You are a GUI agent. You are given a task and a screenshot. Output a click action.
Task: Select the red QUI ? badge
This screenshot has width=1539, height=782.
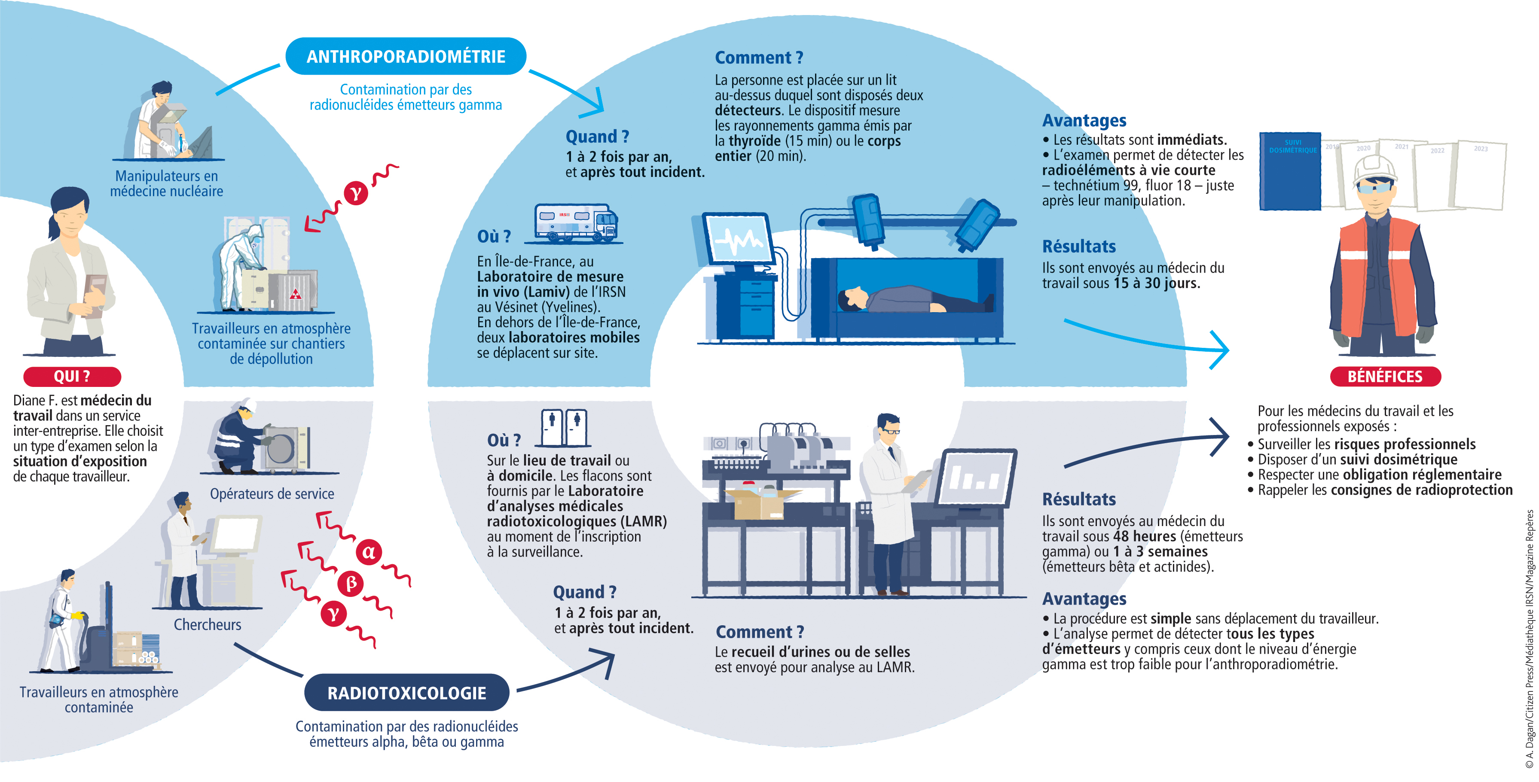tap(72, 376)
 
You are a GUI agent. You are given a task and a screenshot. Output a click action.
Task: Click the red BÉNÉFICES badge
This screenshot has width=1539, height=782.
tap(1385, 376)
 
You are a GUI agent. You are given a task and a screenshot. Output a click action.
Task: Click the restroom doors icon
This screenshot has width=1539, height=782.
tap(564, 427)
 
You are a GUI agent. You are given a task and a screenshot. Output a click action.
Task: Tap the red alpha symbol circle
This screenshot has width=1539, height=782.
tap(369, 551)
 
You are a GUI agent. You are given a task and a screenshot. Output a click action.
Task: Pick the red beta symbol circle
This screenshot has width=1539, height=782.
tap(351, 583)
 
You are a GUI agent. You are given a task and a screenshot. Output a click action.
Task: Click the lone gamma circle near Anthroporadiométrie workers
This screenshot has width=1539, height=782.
tap(356, 193)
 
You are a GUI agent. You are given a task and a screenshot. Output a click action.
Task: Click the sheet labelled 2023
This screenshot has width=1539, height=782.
tap(1481, 174)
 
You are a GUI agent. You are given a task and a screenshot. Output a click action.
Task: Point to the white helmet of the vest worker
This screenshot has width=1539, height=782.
tap(1375, 168)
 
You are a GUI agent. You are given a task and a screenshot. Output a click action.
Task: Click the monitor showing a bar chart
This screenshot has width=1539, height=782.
tap(976, 478)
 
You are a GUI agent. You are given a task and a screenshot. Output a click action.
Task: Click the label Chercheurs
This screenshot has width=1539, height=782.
tap(208, 624)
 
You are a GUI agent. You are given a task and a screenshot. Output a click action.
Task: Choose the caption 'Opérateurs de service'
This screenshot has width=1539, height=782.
tap(272, 494)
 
